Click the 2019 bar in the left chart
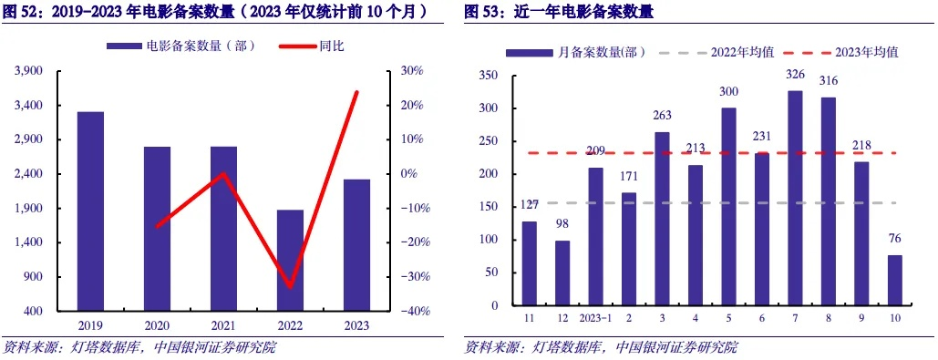pos(90,211)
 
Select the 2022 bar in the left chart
pos(290,261)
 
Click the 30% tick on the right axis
pos(411,71)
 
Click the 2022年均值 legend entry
pos(718,52)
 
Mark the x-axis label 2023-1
pos(595,317)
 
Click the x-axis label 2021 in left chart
pos(223,324)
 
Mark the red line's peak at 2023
pos(356,92)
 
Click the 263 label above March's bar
pos(662,115)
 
